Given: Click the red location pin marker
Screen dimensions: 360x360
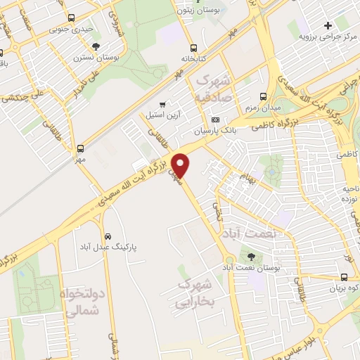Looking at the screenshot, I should click(181, 165).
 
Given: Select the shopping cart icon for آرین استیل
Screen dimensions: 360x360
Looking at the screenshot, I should click(162, 104).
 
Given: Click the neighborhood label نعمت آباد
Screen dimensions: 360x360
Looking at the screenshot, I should click(247, 232).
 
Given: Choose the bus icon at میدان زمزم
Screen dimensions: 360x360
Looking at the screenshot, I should click(264, 96).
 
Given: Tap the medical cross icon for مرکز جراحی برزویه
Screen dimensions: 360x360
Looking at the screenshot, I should click(327, 26).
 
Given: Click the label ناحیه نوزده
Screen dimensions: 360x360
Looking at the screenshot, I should click(346, 195).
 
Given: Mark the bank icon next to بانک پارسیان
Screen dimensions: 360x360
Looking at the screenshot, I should click(215, 119).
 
